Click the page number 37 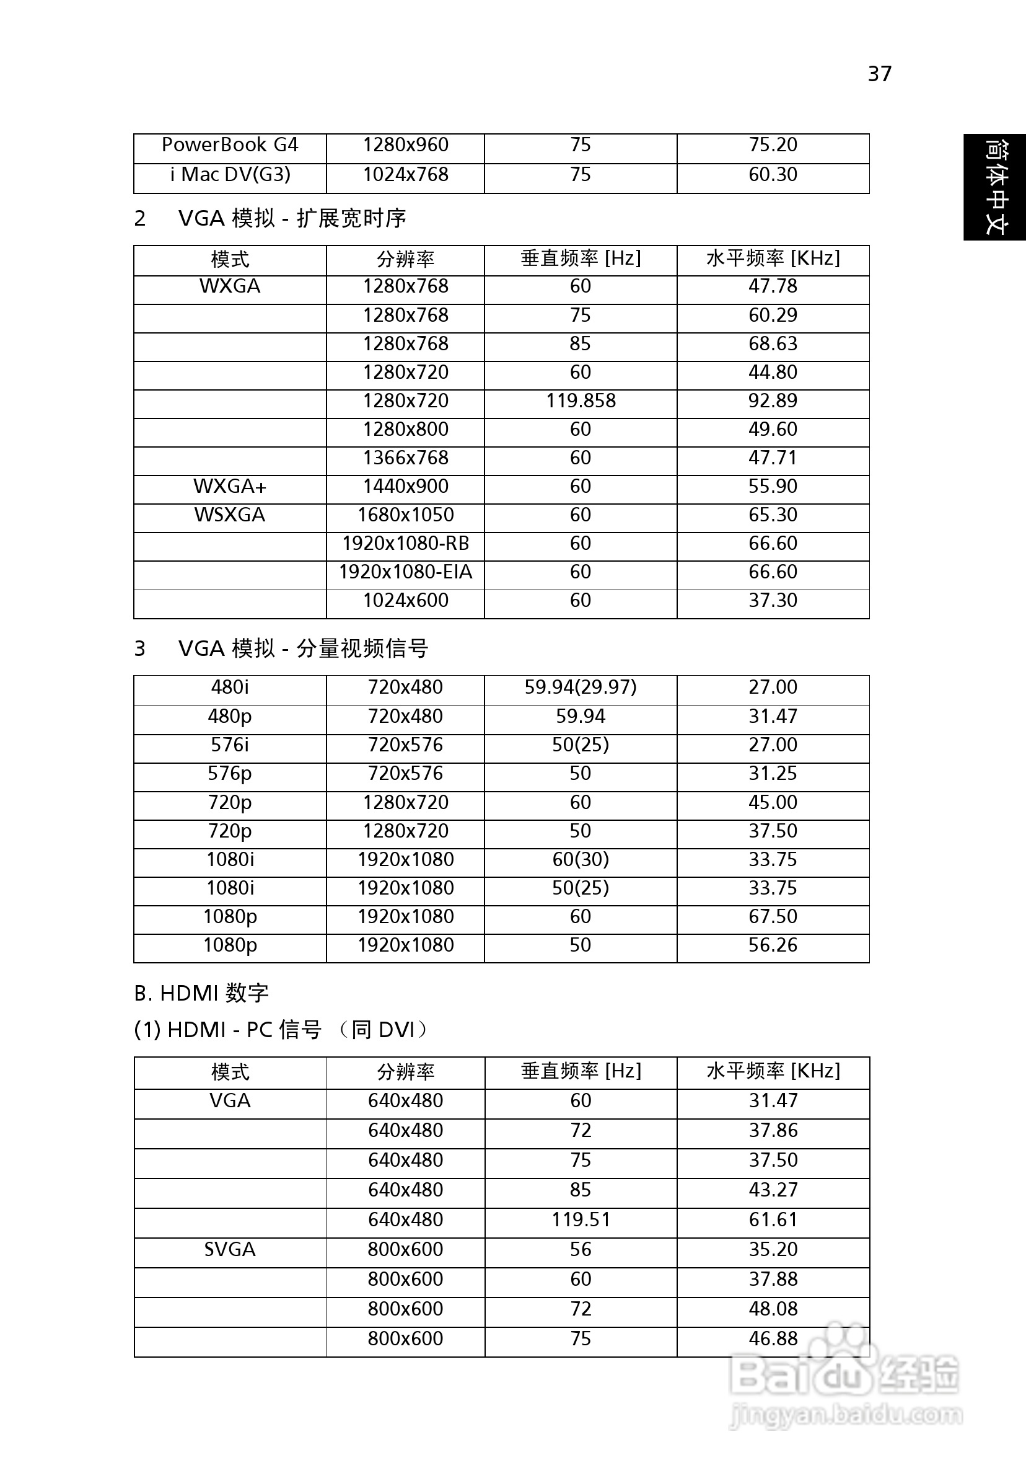pyautogui.click(x=879, y=74)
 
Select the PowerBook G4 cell pyautogui.click(x=230, y=145)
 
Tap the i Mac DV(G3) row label pyautogui.click(x=230, y=174)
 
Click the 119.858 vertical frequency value pyautogui.click(x=581, y=401)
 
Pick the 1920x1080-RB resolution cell pyautogui.click(x=405, y=544)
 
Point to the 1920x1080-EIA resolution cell pyautogui.click(x=405, y=572)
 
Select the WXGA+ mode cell pyautogui.click(x=230, y=486)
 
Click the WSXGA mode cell pyautogui.click(x=230, y=515)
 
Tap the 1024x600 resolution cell pyautogui.click(x=405, y=601)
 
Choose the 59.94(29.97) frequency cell pyautogui.click(x=581, y=687)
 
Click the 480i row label pyautogui.click(x=230, y=687)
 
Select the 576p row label pyautogui.click(x=230, y=773)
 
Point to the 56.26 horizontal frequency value pyautogui.click(x=773, y=945)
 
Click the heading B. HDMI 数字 pyautogui.click(x=201, y=993)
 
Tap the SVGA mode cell pyautogui.click(x=230, y=1249)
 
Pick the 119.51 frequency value pyautogui.click(x=581, y=1219)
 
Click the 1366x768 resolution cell pyautogui.click(x=405, y=458)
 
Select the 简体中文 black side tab pyautogui.click(x=995, y=187)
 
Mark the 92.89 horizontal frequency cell pyautogui.click(x=773, y=401)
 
